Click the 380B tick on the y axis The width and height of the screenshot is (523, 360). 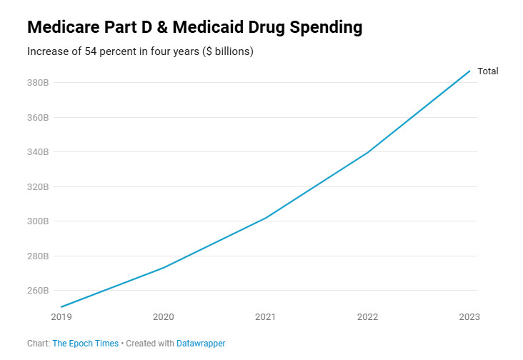tap(38, 83)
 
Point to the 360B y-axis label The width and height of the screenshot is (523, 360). tap(38, 117)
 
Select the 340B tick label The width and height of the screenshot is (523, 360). tap(38, 152)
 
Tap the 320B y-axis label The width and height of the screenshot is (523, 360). tap(38, 187)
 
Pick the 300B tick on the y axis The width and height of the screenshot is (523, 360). tap(38, 221)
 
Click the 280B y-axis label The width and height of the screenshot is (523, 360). tap(38, 256)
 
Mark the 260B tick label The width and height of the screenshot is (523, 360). tap(38, 291)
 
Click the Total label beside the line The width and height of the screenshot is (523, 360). tap(488, 71)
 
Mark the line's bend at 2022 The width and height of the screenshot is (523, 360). tap(368, 152)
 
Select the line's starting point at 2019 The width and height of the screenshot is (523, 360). tap(61, 307)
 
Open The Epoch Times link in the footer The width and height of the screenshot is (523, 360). tap(86, 344)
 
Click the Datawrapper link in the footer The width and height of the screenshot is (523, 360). tap(201, 344)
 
